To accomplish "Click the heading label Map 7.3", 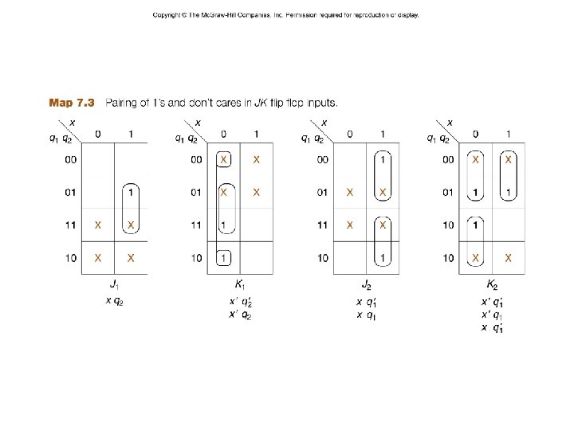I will tap(72, 103).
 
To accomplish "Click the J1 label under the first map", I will tap(114, 284).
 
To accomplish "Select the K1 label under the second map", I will tap(239, 284).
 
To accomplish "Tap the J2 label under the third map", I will tap(366, 284).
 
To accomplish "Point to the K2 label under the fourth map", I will tap(492, 284).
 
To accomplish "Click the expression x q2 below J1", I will tap(114, 300).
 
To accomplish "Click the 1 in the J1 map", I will tap(131, 192).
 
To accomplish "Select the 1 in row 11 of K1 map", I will tap(224, 225).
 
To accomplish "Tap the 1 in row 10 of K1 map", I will tap(224, 258).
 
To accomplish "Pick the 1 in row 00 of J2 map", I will tap(383, 159).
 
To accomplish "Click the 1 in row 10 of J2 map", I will tap(383, 258).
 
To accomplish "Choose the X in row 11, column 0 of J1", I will tap(98, 225).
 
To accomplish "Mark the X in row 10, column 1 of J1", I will tap(131, 258).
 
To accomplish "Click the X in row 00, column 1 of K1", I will tap(256, 159).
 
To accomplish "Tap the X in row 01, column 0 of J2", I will tap(350, 192).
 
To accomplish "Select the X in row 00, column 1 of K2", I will tap(508, 159).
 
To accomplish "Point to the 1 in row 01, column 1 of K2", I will tap(508, 192).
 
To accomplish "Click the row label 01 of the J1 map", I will tap(71, 192).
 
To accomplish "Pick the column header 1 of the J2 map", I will tap(383, 134).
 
